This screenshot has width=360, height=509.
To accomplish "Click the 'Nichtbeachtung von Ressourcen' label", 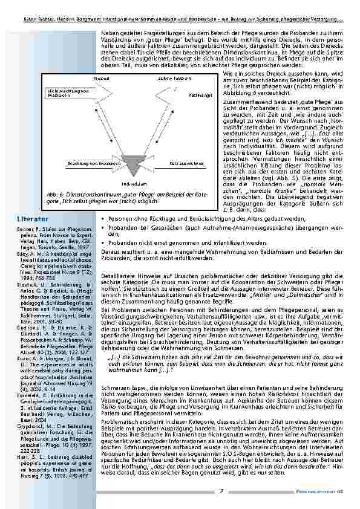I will point(63,92).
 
